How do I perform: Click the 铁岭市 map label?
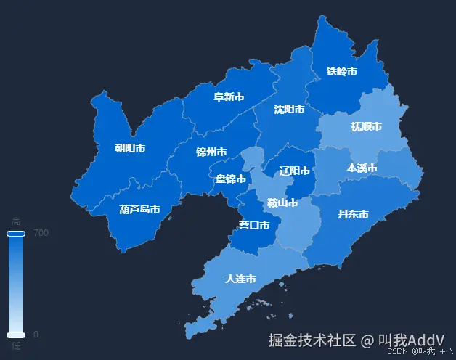tap(341, 71)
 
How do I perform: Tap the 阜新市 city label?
tap(228, 97)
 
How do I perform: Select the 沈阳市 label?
tap(288, 110)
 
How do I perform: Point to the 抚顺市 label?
tap(367, 126)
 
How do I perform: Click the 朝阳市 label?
tap(130, 148)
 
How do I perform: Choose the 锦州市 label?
tap(211, 152)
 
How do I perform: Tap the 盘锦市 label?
tap(231, 179)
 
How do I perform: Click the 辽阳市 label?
tap(295, 171)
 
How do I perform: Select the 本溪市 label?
tap(362, 168)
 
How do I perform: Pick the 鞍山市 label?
tap(282, 203)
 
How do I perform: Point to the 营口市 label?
tap(254, 226)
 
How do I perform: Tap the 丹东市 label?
tap(354, 214)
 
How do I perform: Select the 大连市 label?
tap(240, 279)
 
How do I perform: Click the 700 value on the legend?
tap(41, 233)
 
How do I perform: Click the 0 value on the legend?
tap(36, 335)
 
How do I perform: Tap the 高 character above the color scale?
tap(16, 221)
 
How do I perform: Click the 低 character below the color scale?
tap(16, 346)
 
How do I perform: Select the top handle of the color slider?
tap(16, 234)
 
